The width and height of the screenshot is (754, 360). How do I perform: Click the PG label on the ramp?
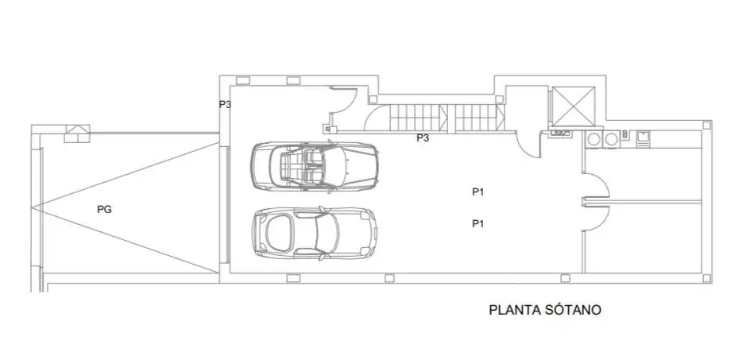104,209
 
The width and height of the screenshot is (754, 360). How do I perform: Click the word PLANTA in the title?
515,310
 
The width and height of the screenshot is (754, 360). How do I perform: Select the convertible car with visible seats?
315,166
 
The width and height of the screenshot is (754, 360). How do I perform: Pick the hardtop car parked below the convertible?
315,233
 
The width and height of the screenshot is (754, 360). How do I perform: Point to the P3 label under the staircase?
423,138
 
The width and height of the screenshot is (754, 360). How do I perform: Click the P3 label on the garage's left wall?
225,104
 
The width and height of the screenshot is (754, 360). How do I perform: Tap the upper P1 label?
478,192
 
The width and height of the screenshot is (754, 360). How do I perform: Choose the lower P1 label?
478,224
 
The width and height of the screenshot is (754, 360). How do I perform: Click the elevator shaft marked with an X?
573,106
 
